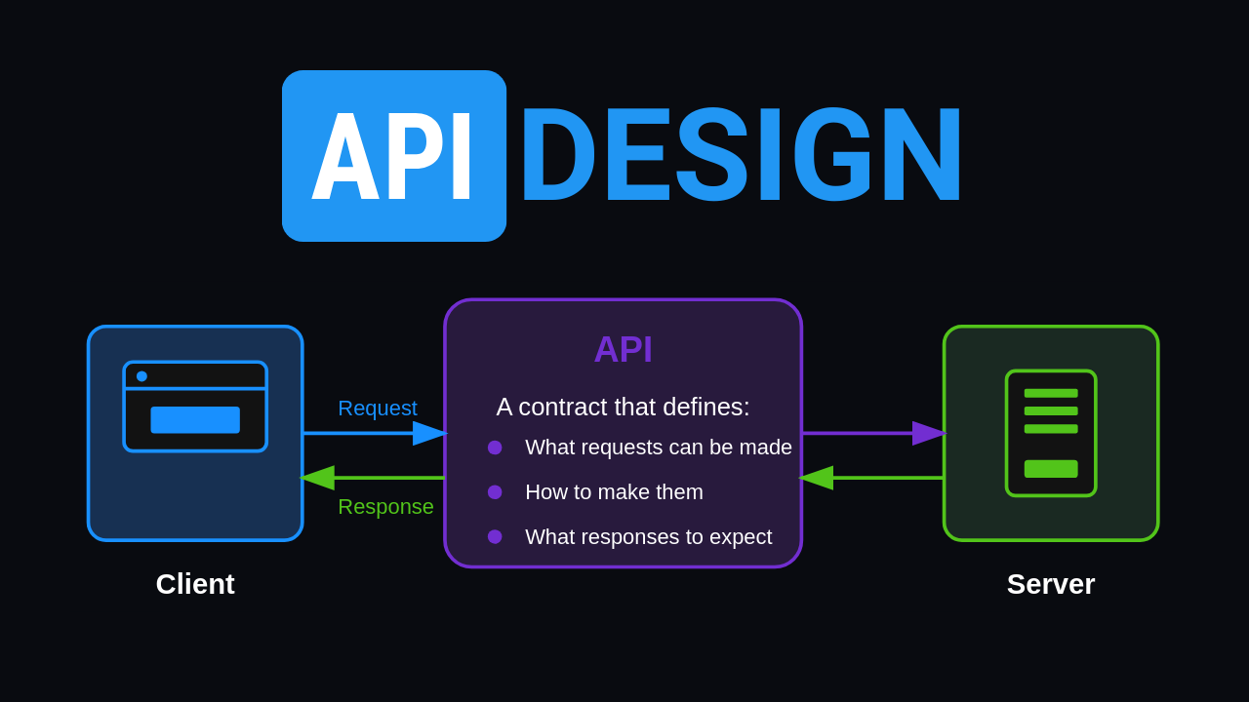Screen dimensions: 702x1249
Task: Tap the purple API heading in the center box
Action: (x=623, y=349)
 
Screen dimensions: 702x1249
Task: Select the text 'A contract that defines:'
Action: (x=623, y=407)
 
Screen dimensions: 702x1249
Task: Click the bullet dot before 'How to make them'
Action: (x=495, y=492)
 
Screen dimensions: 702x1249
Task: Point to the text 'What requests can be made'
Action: (x=659, y=448)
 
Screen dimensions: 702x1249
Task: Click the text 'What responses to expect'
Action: (x=648, y=537)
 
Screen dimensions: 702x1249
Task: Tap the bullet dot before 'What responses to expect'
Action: (x=495, y=537)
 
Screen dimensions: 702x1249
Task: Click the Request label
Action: (x=378, y=409)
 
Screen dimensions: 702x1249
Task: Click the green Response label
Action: (x=385, y=507)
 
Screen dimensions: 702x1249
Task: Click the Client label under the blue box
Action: (x=195, y=584)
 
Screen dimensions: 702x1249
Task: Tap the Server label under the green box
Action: (x=1051, y=584)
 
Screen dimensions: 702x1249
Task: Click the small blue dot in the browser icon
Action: (x=141, y=376)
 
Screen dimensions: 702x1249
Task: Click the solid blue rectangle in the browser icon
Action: (x=195, y=420)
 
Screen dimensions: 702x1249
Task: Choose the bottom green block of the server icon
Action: (x=1051, y=469)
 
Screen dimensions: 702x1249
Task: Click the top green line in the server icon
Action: (x=1051, y=393)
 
